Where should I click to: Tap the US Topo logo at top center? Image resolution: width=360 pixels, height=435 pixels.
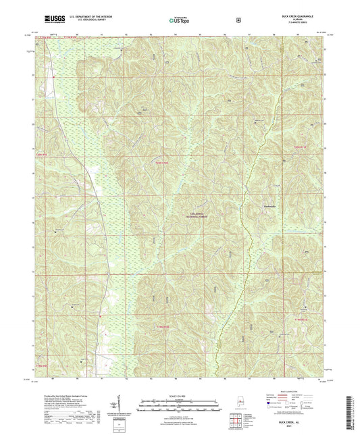pos(180,20)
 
